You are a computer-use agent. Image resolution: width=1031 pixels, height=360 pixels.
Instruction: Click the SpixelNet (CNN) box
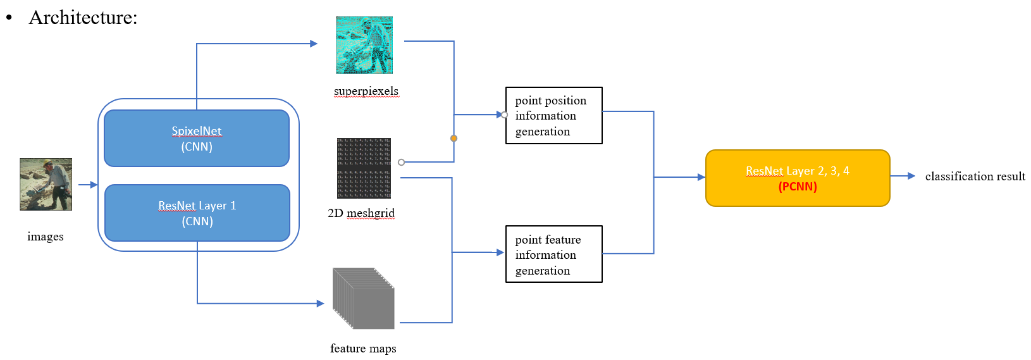[197, 139]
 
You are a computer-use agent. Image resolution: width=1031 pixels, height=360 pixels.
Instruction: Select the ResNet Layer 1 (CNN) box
[197, 213]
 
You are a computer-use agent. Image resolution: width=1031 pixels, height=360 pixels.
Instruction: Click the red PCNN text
[798, 187]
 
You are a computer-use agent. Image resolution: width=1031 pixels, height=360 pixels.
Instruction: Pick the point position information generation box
[553, 116]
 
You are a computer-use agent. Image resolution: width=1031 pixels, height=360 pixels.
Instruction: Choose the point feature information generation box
[553, 254]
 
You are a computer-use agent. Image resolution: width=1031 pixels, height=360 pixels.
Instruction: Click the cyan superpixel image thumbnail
[364, 45]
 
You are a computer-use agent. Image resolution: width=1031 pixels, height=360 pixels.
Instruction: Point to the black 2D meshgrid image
[364, 168]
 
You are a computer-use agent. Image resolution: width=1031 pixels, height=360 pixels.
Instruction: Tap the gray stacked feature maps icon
[364, 298]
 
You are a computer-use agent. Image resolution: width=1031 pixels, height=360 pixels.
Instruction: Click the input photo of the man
[46, 184]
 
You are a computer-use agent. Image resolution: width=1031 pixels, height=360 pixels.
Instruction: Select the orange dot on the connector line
[454, 138]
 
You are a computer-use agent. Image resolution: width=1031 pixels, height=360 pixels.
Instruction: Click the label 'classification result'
[975, 177]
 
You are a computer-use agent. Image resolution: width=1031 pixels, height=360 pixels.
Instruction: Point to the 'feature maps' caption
[363, 349]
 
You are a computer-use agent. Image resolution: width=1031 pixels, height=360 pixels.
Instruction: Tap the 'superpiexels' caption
[366, 91]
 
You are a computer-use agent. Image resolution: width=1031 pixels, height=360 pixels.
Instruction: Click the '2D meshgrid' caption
[361, 213]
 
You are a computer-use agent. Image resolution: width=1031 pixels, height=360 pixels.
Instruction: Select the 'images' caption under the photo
[46, 237]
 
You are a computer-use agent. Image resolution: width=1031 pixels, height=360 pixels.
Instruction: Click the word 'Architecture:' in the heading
[83, 18]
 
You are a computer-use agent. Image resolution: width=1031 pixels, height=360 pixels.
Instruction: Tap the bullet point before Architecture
[9, 18]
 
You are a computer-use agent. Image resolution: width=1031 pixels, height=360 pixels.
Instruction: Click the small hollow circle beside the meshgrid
[401, 163]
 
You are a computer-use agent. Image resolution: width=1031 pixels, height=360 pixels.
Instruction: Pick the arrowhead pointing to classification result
[911, 176]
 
